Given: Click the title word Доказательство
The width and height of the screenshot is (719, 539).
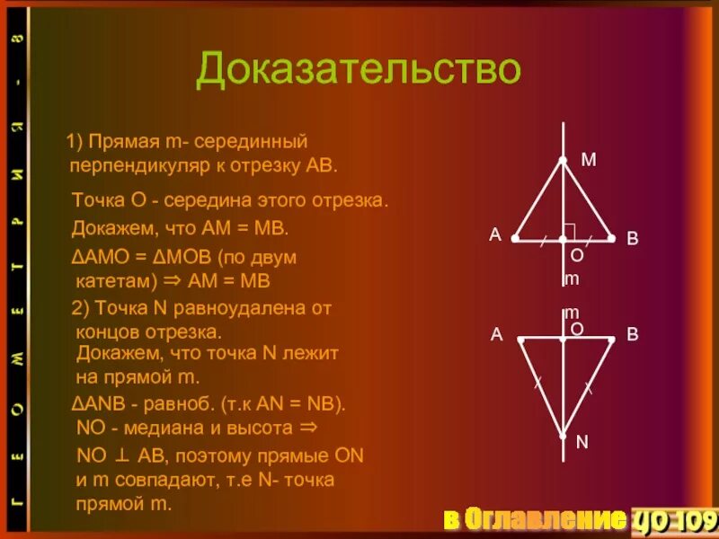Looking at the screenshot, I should [x=359, y=70].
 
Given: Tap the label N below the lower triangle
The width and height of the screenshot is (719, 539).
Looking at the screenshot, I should [x=581, y=442].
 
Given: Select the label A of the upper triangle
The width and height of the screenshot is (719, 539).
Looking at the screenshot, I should [x=494, y=234].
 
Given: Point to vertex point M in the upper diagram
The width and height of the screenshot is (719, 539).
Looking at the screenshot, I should [x=563, y=160].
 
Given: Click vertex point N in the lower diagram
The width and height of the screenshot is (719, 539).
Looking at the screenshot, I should [x=563, y=436].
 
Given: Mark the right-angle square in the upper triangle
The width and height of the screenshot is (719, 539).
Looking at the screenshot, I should [x=569, y=231].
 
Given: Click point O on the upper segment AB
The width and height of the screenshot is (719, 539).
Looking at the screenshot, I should [x=563, y=239].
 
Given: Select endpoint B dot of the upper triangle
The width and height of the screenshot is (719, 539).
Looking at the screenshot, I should [x=611, y=239].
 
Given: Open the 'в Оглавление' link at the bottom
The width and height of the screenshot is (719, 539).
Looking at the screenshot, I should [x=534, y=518].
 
